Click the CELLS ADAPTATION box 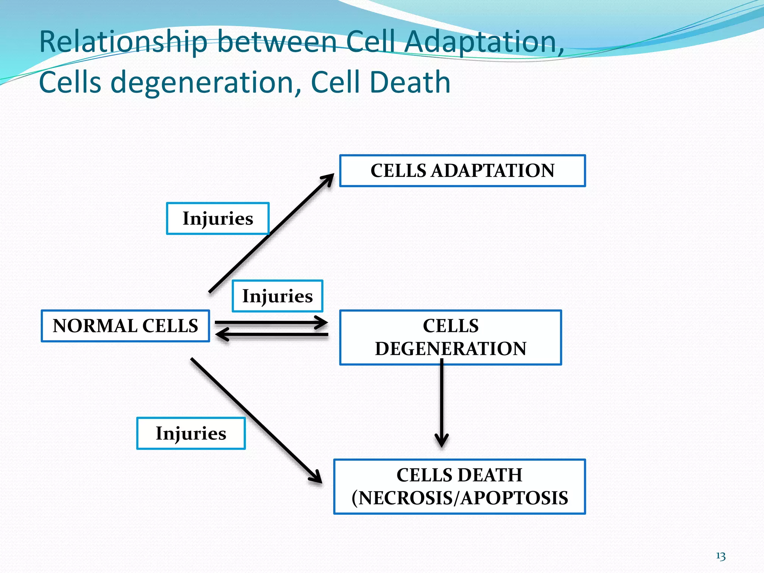pyautogui.click(x=462, y=171)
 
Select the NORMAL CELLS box pyautogui.click(x=125, y=326)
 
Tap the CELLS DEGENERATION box pyautogui.click(x=450, y=337)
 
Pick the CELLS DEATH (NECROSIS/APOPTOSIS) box pyautogui.click(x=459, y=486)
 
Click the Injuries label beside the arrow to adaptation pyautogui.click(x=217, y=219)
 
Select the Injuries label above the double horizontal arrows pyautogui.click(x=277, y=296)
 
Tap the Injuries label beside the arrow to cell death pyautogui.click(x=191, y=433)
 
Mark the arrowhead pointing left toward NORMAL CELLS pyautogui.click(x=221, y=334)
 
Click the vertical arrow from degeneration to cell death pyautogui.click(x=442, y=403)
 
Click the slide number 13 pyautogui.click(x=720, y=556)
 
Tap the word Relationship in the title pyautogui.click(x=123, y=42)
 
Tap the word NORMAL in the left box pyautogui.click(x=95, y=326)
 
